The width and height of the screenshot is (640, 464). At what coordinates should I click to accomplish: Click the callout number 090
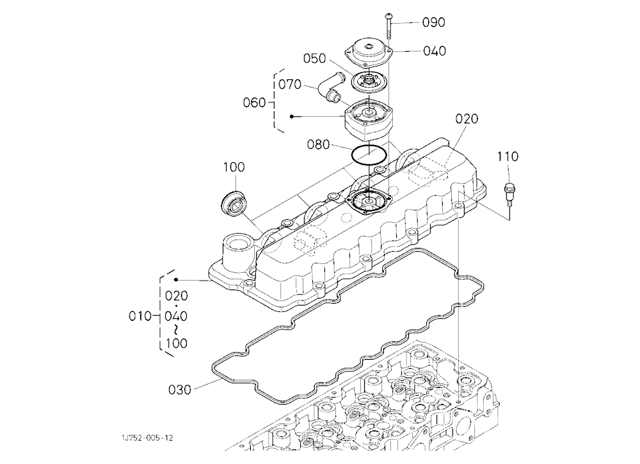tap(433, 22)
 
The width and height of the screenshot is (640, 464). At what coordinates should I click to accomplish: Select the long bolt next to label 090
tap(388, 25)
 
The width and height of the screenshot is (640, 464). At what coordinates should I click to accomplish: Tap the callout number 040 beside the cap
tap(435, 51)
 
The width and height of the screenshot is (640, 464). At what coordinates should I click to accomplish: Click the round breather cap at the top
tap(369, 52)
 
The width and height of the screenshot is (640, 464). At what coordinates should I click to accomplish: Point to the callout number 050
tap(314, 59)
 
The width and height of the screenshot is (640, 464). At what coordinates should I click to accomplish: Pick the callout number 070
tap(290, 85)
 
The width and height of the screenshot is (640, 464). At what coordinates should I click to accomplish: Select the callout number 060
tap(254, 103)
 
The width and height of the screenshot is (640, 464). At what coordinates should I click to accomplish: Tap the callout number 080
tap(318, 144)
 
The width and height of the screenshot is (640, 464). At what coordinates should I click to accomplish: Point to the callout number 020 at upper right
tap(467, 119)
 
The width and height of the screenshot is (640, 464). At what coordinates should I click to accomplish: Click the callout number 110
tap(508, 157)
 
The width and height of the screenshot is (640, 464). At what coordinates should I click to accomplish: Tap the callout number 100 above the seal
tap(234, 167)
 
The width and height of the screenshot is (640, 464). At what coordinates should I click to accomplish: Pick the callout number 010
tap(140, 316)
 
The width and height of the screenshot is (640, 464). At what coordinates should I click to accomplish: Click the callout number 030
tap(180, 391)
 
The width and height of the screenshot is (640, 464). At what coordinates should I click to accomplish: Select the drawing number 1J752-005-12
tap(147, 438)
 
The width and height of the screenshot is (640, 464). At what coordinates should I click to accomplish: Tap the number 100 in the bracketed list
tap(177, 343)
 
